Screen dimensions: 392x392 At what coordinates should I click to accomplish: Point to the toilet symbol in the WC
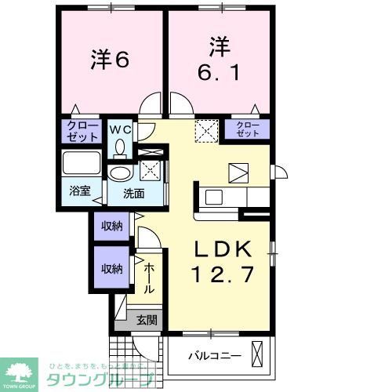coord(121,146)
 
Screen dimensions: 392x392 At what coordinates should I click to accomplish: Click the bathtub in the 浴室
coord(82,165)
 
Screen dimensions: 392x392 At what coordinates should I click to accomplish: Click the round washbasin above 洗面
coord(121,174)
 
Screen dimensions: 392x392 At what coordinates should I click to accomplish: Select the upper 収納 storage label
coord(111,227)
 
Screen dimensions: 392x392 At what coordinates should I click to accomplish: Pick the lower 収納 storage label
coord(111,269)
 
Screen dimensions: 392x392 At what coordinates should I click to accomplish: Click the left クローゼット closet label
coord(82,131)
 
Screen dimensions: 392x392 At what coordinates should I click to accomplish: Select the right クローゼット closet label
coord(246,129)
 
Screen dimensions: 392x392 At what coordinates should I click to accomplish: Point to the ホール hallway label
coord(149,278)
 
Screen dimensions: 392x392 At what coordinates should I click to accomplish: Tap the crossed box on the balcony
coord(256,354)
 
